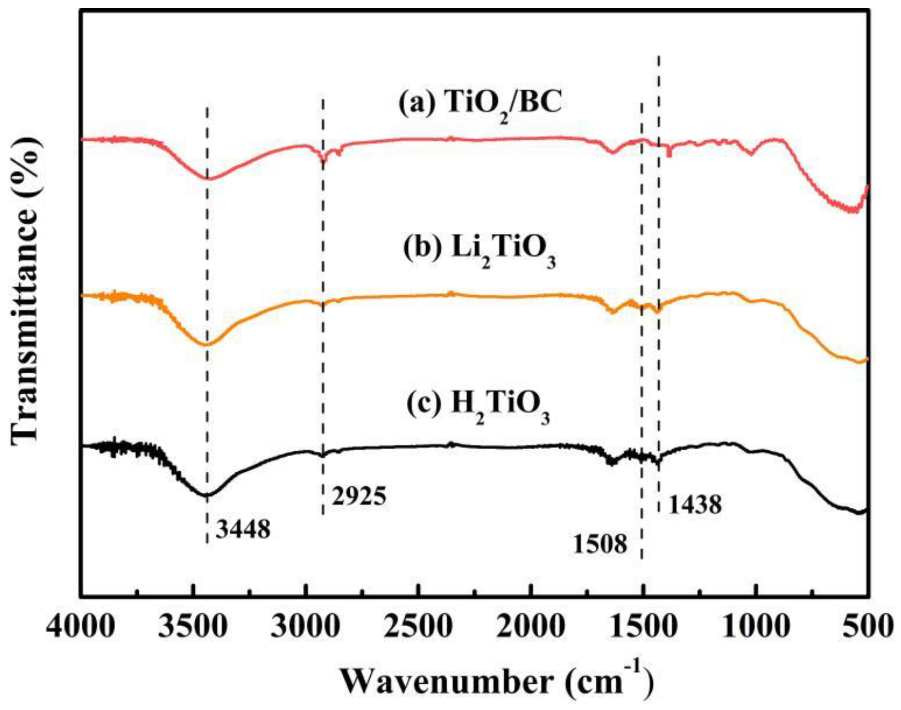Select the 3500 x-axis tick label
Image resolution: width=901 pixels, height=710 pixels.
coord(193,626)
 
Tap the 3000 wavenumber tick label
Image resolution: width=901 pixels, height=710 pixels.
coord(306,626)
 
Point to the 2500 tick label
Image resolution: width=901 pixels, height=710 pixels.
coord(418,626)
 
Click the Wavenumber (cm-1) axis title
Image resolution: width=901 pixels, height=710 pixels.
coord(497,681)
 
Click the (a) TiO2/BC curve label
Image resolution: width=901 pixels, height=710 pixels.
coord(480,105)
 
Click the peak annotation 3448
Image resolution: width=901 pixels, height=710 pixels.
coord(243,529)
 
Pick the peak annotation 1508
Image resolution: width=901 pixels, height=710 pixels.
coord(599,544)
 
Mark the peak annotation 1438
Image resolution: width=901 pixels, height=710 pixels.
coord(695,505)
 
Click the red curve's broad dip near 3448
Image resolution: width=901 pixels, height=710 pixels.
coord(208,179)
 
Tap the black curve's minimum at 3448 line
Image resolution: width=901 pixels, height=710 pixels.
coord(207,495)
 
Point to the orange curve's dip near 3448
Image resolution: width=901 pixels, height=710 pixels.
coord(207,345)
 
